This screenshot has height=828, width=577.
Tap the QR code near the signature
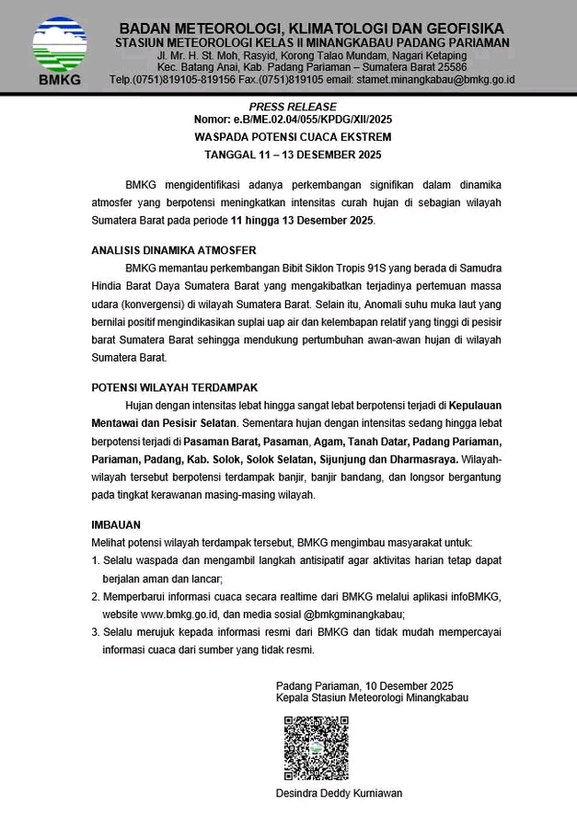[x=316, y=747]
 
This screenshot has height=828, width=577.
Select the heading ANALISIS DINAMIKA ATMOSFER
[x=173, y=249]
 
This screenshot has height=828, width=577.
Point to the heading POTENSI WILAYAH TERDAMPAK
[x=174, y=387]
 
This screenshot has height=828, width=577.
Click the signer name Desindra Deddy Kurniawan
[x=339, y=793]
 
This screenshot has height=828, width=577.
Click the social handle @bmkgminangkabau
[x=353, y=614]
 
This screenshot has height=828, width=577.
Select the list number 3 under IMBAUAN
[x=95, y=632]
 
